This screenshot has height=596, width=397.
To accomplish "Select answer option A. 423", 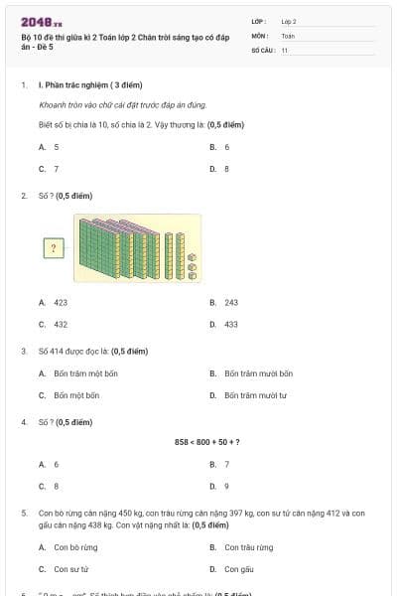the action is [x=54, y=302].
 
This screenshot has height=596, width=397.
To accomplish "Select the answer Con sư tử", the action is [x=69, y=569].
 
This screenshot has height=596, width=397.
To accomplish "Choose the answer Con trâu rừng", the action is [x=242, y=547].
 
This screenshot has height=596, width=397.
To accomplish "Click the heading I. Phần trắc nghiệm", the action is [x=86, y=85].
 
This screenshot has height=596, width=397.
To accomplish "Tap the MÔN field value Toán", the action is [x=288, y=35].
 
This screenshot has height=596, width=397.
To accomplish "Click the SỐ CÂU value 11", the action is [x=285, y=49].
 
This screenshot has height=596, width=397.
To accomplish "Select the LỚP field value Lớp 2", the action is [x=289, y=21].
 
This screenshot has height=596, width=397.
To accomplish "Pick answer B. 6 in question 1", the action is [x=220, y=146].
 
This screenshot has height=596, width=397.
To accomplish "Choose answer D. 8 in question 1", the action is [x=220, y=169].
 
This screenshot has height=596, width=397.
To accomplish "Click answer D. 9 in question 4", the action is [x=220, y=486].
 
